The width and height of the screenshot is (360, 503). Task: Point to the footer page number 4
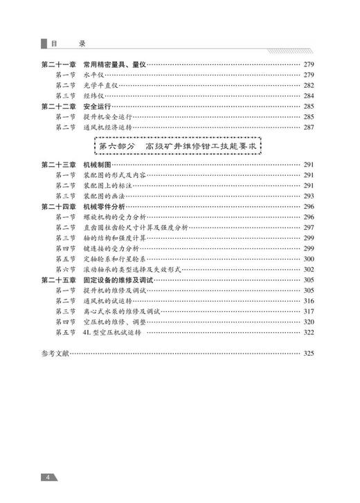46,477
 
